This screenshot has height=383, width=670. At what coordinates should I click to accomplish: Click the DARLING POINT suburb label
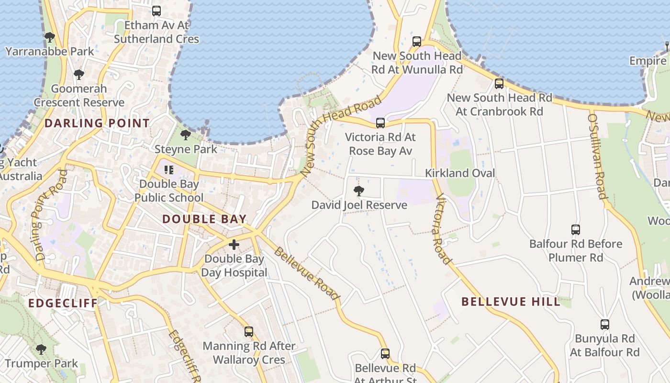97,123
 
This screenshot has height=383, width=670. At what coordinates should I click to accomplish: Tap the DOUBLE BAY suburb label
204,219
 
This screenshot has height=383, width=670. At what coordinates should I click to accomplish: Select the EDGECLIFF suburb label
63,303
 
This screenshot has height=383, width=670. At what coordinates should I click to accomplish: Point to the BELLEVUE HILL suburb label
511,302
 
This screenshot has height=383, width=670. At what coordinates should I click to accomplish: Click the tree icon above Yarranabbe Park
49,37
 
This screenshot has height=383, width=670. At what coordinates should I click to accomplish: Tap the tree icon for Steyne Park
186,135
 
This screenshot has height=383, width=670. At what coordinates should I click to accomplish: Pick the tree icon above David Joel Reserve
358,191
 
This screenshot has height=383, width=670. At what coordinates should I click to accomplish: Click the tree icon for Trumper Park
41,349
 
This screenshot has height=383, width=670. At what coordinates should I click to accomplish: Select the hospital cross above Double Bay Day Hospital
234,245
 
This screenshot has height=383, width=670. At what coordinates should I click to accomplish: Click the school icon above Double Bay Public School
168,169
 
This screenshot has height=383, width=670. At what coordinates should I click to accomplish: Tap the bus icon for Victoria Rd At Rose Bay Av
380,123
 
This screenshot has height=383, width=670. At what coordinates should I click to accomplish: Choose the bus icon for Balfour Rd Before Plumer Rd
576,230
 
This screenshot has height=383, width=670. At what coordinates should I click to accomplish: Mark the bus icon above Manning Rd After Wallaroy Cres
249,331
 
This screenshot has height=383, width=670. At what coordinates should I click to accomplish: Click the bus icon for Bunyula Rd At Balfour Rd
605,325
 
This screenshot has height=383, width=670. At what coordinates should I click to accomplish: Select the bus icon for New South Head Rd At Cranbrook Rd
499,84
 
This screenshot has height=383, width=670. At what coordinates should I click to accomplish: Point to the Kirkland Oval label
460,173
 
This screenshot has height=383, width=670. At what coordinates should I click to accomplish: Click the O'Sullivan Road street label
597,156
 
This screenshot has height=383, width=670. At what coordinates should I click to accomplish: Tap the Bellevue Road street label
307,274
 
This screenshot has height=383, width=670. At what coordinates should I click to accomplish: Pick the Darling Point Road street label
50,215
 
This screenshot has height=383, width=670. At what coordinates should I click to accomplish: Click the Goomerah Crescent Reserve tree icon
79,74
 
